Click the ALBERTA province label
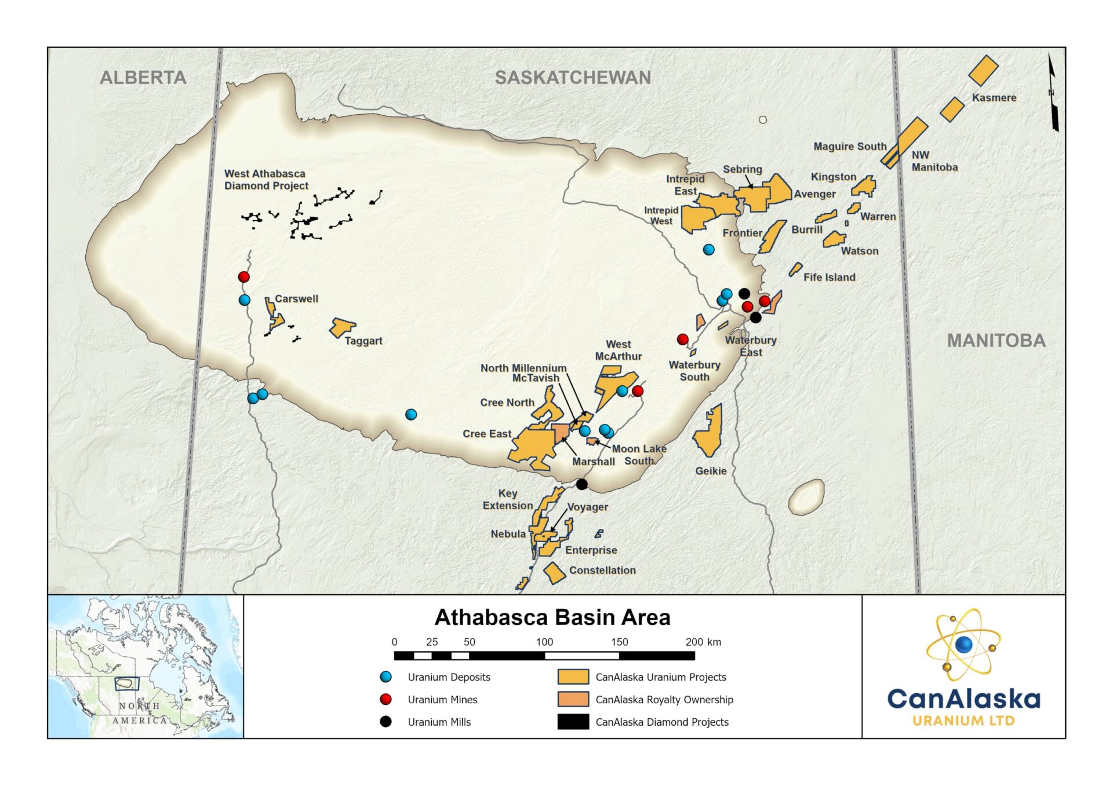(x=143, y=78)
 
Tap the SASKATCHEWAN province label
(x=573, y=78)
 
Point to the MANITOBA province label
(x=996, y=341)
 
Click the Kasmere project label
(x=994, y=98)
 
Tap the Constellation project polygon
(x=554, y=573)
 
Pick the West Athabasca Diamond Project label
(x=266, y=180)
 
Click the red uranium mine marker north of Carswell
(x=244, y=277)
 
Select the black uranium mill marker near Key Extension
(x=582, y=484)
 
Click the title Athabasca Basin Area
(x=552, y=617)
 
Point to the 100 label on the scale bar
(x=544, y=642)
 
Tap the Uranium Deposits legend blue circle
(x=385, y=677)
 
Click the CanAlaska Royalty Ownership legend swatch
(x=573, y=699)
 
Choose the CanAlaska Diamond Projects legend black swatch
(x=573, y=722)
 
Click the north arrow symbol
(x=1053, y=93)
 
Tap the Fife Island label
(x=829, y=277)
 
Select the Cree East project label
(x=486, y=434)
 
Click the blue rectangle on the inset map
(x=126, y=683)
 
